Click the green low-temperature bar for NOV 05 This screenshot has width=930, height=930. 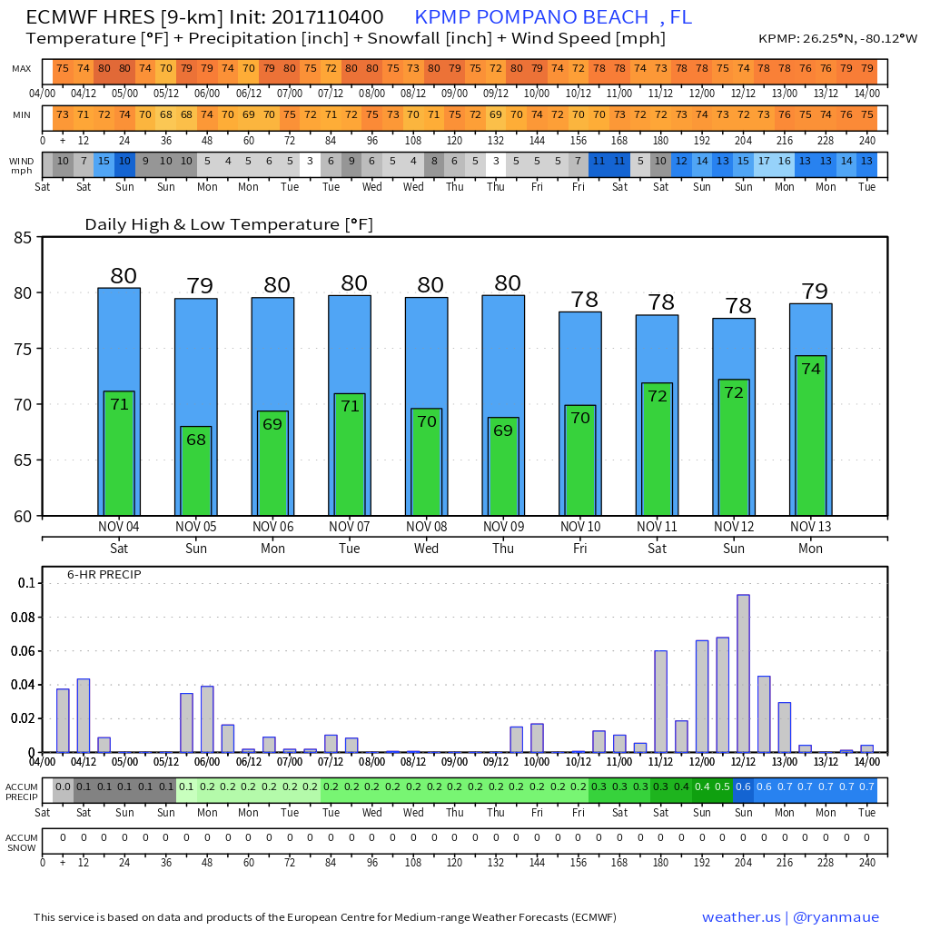(196, 470)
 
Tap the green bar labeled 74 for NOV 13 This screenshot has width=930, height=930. (811, 436)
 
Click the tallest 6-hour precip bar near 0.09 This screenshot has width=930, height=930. (743, 673)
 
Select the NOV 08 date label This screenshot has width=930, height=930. (426, 527)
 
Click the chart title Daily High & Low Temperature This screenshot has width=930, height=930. (229, 224)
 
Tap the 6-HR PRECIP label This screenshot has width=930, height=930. (104, 575)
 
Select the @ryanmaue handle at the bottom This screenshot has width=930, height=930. (836, 917)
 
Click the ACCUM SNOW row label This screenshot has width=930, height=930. (21, 842)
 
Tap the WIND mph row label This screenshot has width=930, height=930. (22, 165)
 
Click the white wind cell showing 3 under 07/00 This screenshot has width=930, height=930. (310, 161)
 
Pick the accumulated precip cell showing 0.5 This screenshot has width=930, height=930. (723, 787)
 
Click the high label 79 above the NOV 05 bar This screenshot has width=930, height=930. (200, 286)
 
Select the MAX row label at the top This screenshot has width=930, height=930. (22, 69)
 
